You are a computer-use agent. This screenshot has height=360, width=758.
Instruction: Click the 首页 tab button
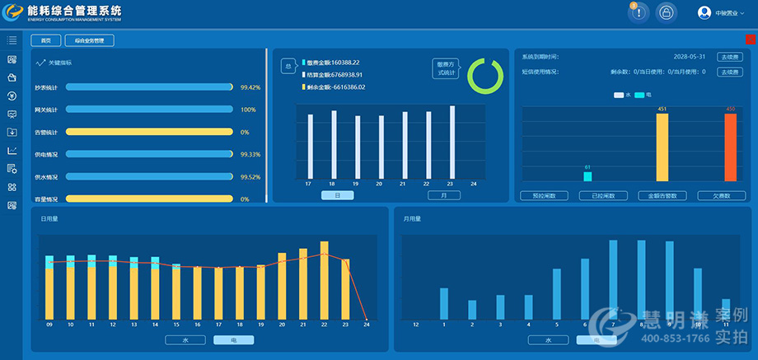tap(45, 40)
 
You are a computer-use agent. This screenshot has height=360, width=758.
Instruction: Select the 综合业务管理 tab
tap(89, 40)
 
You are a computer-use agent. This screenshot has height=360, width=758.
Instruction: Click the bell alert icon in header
tap(639, 12)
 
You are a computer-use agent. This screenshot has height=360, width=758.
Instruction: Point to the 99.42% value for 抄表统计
tap(250, 86)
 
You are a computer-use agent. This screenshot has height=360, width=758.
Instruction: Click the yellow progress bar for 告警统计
tap(149, 132)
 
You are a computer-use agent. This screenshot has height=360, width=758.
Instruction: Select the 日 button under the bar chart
tap(337, 195)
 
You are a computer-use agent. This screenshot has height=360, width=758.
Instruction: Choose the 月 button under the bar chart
tap(444, 195)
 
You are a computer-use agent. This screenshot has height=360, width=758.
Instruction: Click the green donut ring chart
tap(484, 76)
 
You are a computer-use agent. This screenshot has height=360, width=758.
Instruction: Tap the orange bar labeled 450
tap(730, 147)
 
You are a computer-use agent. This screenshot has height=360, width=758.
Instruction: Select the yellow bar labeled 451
tap(662, 147)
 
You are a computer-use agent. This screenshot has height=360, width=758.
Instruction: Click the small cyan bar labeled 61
tap(587, 175)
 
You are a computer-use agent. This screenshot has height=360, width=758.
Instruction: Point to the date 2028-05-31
tap(690, 57)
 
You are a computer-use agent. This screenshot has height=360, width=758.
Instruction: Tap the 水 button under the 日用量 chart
tap(185, 339)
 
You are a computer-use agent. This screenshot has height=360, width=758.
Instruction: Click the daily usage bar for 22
tap(324, 280)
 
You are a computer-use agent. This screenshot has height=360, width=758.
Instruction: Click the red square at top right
tap(751, 40)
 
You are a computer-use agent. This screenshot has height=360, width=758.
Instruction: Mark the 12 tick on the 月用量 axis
tap(415, 325)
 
